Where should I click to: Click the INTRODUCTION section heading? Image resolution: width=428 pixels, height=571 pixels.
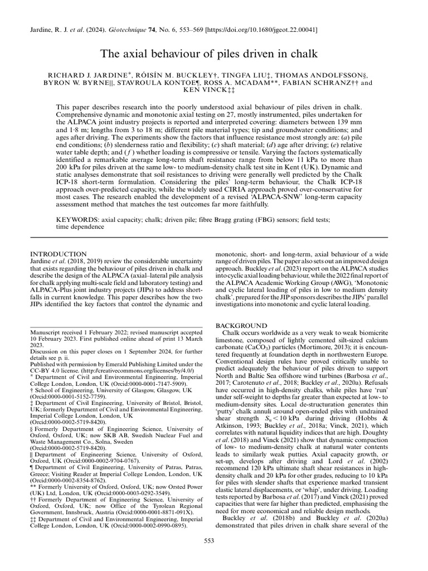coord(58,254)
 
